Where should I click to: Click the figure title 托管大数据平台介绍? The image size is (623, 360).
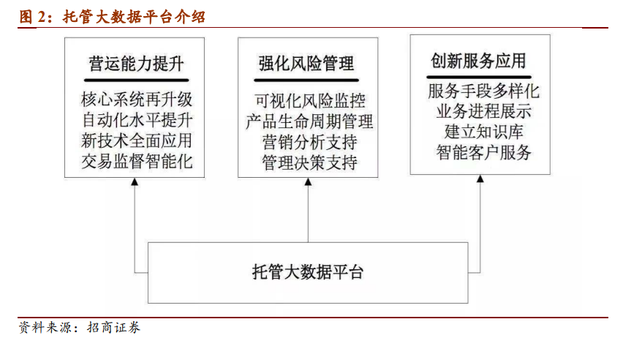[x=135, y=17]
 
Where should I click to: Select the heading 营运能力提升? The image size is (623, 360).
[x=136, y=64]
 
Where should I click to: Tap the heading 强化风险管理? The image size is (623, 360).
[x=306, y=64]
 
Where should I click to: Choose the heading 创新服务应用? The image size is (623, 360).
[x=478, y=61]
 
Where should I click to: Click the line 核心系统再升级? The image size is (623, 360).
[x=137, y=99]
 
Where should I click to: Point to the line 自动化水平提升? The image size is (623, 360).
[x=137, y=120]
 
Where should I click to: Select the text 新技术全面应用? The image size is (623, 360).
[x=137, y=140]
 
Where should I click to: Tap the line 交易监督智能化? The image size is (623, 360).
[x=137, y=161]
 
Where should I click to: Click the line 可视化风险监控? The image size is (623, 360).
[x=310, y=101]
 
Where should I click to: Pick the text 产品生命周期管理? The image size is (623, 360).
[x=309, y=121]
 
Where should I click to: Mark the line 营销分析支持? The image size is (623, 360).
[x=309, y=142]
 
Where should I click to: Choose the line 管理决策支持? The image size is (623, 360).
[x=309, y=162]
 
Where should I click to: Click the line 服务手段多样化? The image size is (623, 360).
[x=483, y=91]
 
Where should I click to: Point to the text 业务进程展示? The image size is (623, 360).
[x=483, y=111]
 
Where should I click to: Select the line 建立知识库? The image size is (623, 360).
[x=483, y=132]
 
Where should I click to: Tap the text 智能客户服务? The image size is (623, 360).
[x=483, y=152]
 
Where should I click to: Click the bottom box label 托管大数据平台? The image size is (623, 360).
[x=308, y=272]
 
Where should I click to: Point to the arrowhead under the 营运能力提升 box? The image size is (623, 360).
[x=135, y=181]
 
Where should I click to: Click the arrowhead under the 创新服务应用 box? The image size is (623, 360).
[x=480, y=179]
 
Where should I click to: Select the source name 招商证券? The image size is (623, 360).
[x=113, y=327]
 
